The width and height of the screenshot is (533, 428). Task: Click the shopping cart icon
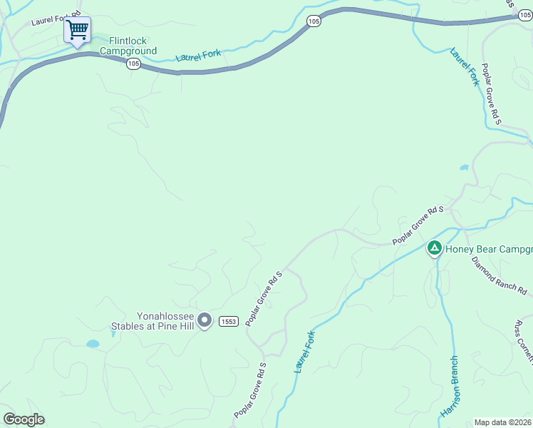click(77, 31)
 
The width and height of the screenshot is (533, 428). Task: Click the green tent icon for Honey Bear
click(434, 248)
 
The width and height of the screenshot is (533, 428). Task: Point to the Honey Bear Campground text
click(489, 250)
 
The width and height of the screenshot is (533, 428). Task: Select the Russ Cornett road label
click(523, 342)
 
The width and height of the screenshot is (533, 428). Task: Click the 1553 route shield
click(228, 321)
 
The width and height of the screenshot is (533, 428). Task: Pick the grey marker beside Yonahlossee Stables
click(205, 321)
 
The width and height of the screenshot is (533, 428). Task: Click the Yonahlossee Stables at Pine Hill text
click(152, 322)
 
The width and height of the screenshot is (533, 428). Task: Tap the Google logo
click(24, 419)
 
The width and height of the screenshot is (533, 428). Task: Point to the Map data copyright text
click(503, 422)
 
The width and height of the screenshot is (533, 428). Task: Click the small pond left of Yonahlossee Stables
click(93, 344)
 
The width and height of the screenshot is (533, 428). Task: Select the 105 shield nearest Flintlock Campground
click(133, 64)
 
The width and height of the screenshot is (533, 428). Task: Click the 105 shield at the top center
click(314, 22)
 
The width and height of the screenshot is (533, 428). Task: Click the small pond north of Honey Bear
click(465, 168)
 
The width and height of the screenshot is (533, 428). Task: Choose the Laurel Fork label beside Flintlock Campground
click(199, 55)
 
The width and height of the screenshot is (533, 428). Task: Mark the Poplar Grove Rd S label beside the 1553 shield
click(264, 299)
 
